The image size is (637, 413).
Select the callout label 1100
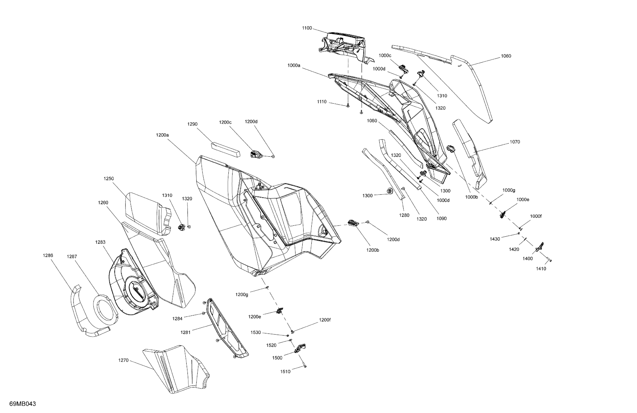[307, 28]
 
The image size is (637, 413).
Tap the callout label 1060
[506, 56]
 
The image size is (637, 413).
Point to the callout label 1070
[515, 142]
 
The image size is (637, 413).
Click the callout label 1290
[192, 124]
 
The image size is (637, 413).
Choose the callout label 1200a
[162, 135]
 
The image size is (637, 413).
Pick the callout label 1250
[109, 179]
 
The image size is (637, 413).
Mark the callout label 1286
[48, 255]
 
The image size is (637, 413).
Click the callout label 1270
[123, 360]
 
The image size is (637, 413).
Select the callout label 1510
[285, 371]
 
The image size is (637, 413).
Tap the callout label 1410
[541, 269]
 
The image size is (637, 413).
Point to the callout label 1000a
[294, 65]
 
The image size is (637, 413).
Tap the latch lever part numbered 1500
[300, 348]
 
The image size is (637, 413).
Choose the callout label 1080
[372, 121]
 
